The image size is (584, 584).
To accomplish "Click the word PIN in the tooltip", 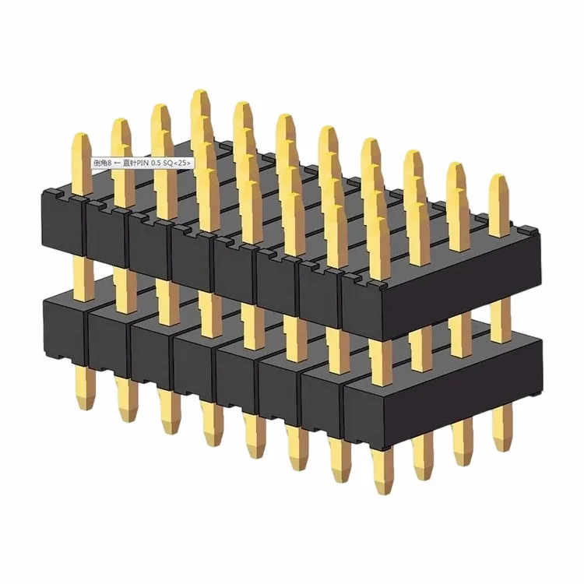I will click(x=146, y=164).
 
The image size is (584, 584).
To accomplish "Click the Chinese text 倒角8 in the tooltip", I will click(x=103, y=164).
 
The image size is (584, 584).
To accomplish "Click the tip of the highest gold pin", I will click(x=199, y=93).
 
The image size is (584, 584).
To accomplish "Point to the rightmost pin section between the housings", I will click(x=498, y=311).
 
